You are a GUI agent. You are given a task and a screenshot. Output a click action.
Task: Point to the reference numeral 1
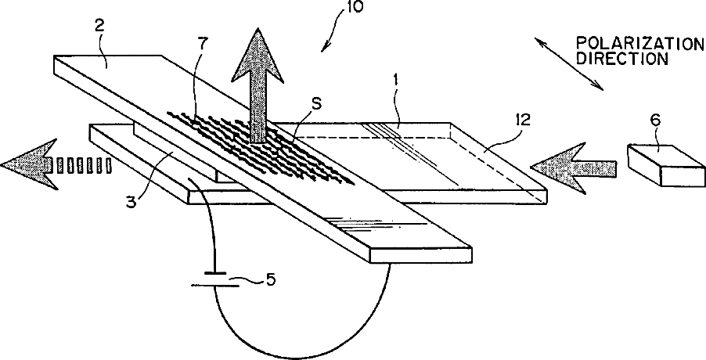click(395, 101)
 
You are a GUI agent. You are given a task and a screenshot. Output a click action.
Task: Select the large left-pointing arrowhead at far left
click(27, 163)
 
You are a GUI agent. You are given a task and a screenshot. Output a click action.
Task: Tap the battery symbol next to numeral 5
click(212, 280)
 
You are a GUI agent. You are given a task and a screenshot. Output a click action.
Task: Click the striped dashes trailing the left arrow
click(84, 165)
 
